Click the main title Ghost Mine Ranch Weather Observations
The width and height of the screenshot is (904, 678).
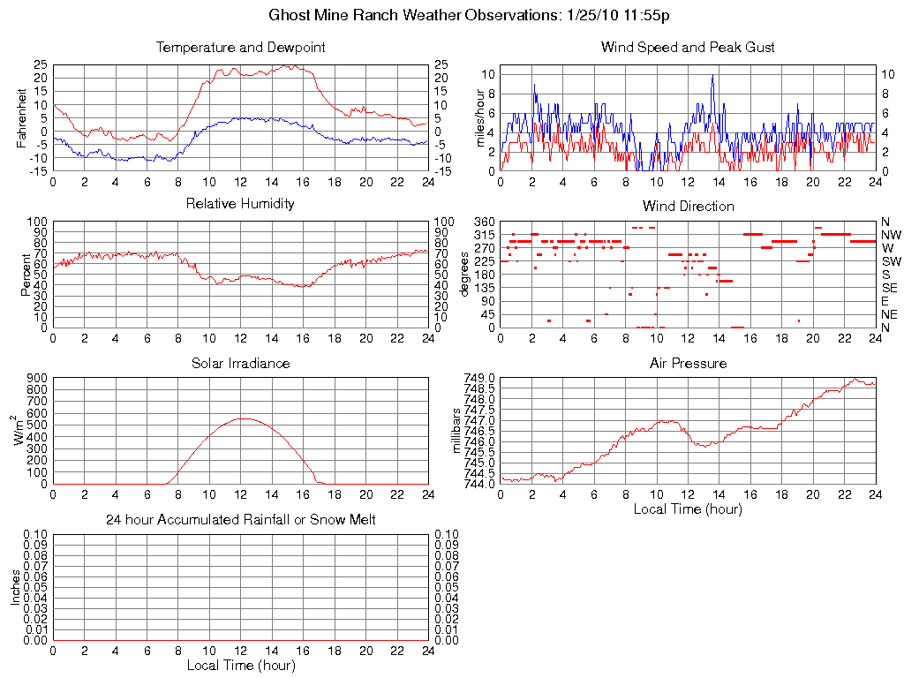pos(474,16)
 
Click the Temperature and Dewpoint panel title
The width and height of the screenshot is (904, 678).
pos(240,48)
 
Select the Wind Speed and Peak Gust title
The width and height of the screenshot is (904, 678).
pos(688,48)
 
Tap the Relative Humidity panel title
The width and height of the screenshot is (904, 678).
pos(240,204)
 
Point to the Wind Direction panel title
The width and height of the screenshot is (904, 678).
pos(688,206)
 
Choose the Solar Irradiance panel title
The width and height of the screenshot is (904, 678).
pos(240,363)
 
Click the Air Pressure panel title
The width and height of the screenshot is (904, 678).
pos(688,363)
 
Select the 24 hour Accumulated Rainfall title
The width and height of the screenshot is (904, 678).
pos(240,520)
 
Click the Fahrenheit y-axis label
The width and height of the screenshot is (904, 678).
pos(22,117)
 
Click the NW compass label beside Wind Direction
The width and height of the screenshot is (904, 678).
pos(889,235)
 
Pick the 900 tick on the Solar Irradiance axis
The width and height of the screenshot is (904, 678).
pos(38,378)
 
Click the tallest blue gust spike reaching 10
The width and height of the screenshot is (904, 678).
pos(712,76)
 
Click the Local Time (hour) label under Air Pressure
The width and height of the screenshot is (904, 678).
pos(688,508)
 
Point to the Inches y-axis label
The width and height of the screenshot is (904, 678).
pos(15,587)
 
